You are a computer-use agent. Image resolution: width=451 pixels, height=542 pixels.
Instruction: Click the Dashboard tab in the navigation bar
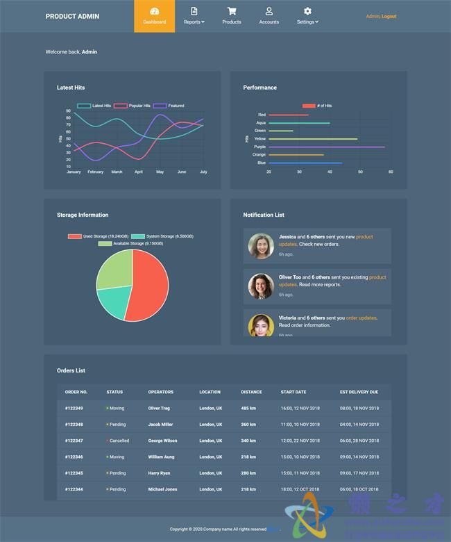pyautogui.click(x=154, y=16)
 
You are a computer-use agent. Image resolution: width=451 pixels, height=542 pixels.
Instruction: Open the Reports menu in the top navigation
pyautogui.click(x=194, y=22)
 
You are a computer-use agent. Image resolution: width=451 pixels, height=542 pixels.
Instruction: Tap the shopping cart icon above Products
pyautogui.click(x=232, y=11)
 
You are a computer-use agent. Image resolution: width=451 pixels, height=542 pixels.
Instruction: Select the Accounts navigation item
pyautogui.click(x=269, y=16)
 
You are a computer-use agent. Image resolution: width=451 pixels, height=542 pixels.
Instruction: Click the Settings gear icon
pyautogui.click(x=307, y=11)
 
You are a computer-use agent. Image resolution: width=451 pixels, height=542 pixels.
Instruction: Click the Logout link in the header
pyautogui.click(x=389, y=16)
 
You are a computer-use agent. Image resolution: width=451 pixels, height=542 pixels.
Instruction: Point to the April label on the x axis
pyautogui.click(x=139, y=172)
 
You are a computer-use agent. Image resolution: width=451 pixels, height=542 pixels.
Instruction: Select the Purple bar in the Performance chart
pyautogui.click(x=326, y=147)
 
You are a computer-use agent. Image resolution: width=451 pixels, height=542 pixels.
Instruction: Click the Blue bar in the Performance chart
pyautogui.click(x=305, y=163)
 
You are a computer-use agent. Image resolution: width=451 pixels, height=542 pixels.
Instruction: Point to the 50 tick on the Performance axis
pyautogui.click(x=360, y=172)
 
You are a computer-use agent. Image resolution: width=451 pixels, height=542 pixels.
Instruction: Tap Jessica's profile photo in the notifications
pyautogui.click(x=261, y=245)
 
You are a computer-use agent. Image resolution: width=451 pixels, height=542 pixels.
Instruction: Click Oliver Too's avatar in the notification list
pyautogui.click(x=261, y=286)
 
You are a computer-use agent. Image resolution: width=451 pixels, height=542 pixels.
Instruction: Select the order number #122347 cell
pyautogui.click(x=74, y=441)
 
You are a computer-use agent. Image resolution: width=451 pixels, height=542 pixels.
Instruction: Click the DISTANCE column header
pyautogui.click(x=251, y=392)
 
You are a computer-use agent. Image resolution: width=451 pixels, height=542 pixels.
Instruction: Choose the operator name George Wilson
pyautogui.click(x=162, y=441)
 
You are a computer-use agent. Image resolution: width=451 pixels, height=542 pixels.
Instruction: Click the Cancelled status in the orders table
pyautogui.click(x=119, y=441)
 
